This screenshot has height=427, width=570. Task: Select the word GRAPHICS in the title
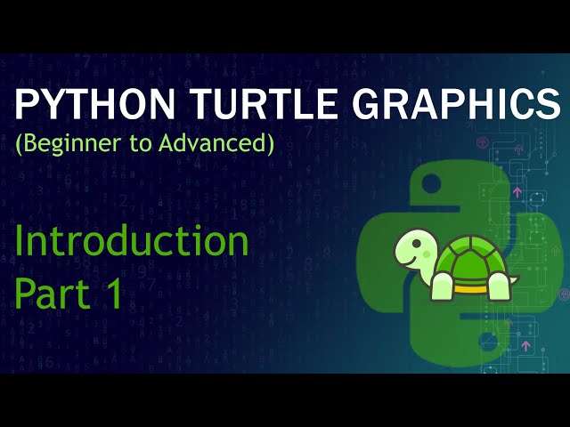pyautogui.click(x=454, y=107)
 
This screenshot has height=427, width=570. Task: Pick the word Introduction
pyautogui.click(x=131, y=241)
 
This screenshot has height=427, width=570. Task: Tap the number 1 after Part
pyautogui.click(x=113, y=294)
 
